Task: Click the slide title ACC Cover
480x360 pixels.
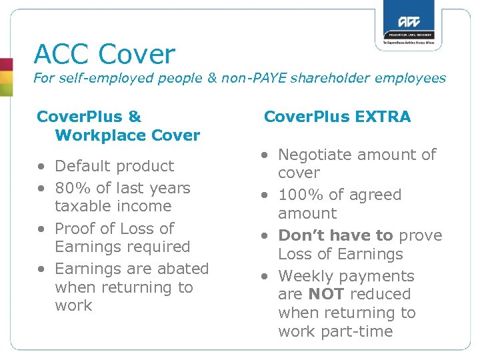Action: pyautogui.click(x=105, y=54)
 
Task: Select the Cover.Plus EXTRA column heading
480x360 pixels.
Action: pyautogui.click(x=337, y=117)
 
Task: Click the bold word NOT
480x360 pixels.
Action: pyautogui.click(x=325, y=294)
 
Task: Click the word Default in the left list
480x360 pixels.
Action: pyautogui.click(x=81, y=166)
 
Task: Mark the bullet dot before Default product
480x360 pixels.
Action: pyautogui.click(x=41, y=167)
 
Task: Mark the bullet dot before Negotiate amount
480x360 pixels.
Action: pyautogui.click(x=265, y=155)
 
